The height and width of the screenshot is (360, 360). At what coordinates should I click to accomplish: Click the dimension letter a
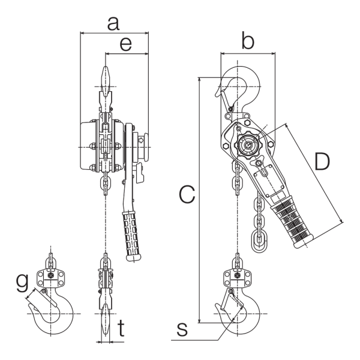pyautogui.click(x=113, y=24)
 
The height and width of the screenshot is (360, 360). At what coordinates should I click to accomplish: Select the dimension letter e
pyautogui.click(x=126, y=44)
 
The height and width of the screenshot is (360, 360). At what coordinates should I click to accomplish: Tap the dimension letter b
pyautogui.click(x=248, y=41)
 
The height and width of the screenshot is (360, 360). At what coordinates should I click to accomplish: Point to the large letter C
pyautogui.click(x=187, y=195)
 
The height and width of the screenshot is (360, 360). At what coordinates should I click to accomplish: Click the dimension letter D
pyautogui.click(x=322, y=162)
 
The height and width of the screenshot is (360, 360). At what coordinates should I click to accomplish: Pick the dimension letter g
pyautogui.click(x=22, y=283)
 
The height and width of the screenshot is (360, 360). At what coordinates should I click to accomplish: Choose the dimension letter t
pyautogui.click(x=121, y=328)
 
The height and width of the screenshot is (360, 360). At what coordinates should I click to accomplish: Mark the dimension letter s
pyautogui.click(x=182, y=329)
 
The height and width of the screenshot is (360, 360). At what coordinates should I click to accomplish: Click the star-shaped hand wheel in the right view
pyautogui.click(x=248, y=145)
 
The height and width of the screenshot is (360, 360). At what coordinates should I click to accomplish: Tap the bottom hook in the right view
pyautogui.click(x=253, y=319)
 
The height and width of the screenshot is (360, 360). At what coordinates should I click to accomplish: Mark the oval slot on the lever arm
pyautogui.click(x=264, y=172)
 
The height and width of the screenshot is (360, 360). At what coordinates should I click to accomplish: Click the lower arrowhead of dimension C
pyautogui.click(x=200, y=320)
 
